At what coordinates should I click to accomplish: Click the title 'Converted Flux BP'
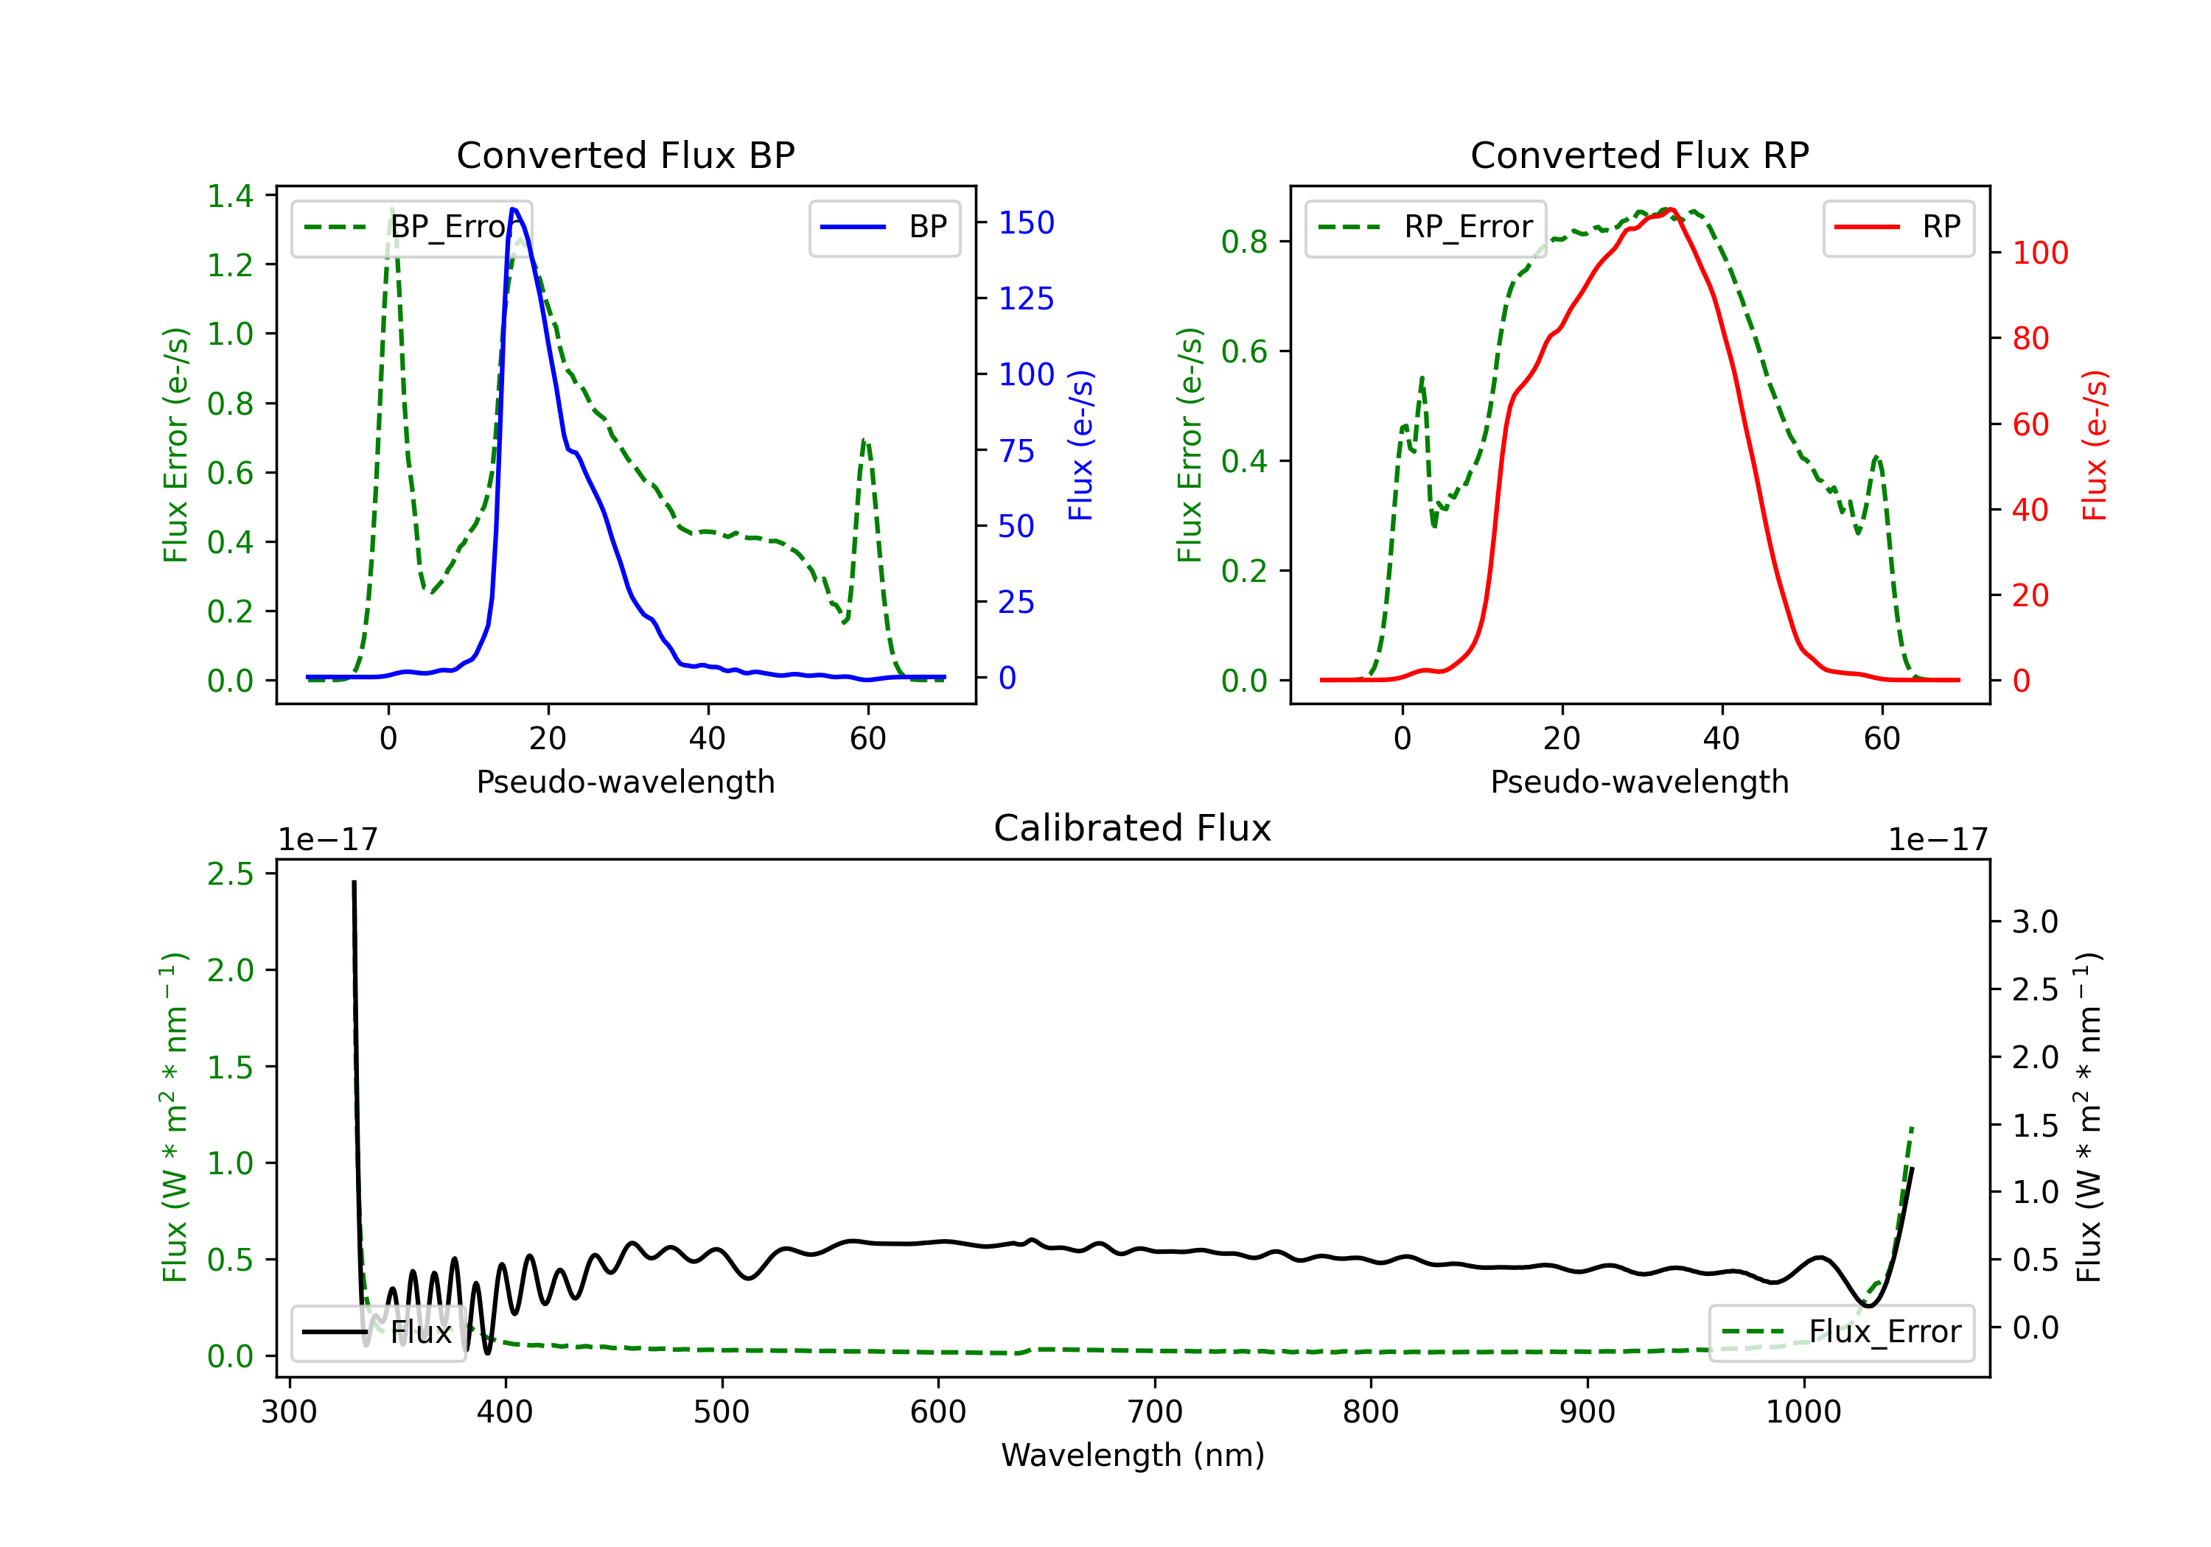(x=625, y=155)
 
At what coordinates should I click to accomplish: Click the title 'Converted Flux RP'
(x=1639, y=155)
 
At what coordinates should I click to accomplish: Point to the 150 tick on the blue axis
(x=1026, y=223)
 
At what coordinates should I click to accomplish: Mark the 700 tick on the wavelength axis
(x=1155, y=1412)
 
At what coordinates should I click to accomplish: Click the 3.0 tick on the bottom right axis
(x=2035, y=922)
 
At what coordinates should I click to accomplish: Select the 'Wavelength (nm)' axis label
(x=1133, y=1455)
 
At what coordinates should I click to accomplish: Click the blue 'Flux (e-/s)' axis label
(x=1080, y=445)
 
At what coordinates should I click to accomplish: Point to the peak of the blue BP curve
(x=513, y=209)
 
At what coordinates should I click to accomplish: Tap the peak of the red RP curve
(x=1670, y=209)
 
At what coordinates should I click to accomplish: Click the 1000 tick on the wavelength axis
(x=1803, y=1412)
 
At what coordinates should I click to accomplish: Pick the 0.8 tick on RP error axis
(x=1244, y=242)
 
